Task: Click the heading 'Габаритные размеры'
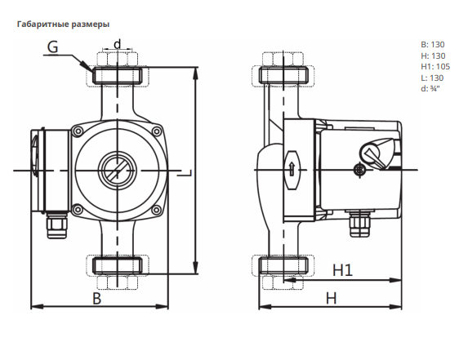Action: (x=63, y=24)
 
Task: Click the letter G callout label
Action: (x=53, y=47)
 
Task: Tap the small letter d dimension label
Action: (x=118, y=44)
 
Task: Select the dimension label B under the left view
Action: (x=97, y=298)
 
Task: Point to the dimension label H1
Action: (x=343, y=270)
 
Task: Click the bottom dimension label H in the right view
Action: (x=332, y=298)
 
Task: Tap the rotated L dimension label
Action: (x=184, y=173)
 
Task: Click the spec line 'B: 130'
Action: (x=433, y=45)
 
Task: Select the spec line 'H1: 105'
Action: (x=435, y=67)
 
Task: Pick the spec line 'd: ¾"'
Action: (x=430, y=89)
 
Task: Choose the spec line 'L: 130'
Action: (x=432, y=78)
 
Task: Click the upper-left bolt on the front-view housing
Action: (x=78, y=131)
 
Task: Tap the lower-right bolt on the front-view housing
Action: (x=156, y=210)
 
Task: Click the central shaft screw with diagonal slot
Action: (x=118, y=171)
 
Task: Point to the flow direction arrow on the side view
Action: (x=292, y=169)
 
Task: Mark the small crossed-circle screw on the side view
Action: (x=359, y=170)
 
